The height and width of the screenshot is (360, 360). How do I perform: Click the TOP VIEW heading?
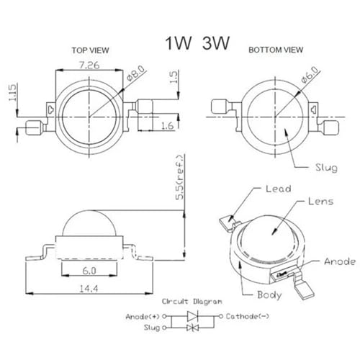90,50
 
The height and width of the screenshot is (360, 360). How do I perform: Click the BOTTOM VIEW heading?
276,50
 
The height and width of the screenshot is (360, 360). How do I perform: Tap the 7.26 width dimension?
89,65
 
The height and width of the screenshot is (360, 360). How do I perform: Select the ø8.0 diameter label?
136,73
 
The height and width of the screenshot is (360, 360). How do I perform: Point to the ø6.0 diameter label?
310,75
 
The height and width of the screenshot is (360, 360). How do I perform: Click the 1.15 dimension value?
12,92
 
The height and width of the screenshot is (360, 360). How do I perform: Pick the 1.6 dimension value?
168,125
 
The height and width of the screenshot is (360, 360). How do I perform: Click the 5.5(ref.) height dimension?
180,177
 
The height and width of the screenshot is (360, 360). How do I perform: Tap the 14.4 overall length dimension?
89,289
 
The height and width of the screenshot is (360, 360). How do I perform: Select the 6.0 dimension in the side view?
89,271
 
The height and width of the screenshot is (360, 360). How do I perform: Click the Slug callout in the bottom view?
326,168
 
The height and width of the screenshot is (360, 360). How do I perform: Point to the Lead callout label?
279,189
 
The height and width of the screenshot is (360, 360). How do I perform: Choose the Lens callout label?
321,201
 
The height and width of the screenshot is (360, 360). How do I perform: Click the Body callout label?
269,294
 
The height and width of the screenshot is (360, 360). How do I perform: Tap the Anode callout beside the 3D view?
340,261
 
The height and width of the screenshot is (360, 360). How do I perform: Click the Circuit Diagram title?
192,302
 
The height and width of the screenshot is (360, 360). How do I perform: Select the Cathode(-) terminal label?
248,316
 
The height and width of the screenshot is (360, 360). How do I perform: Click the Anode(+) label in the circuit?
143,317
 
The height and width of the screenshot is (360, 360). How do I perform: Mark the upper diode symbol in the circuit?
192,316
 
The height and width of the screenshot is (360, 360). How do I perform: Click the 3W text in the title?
216,43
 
